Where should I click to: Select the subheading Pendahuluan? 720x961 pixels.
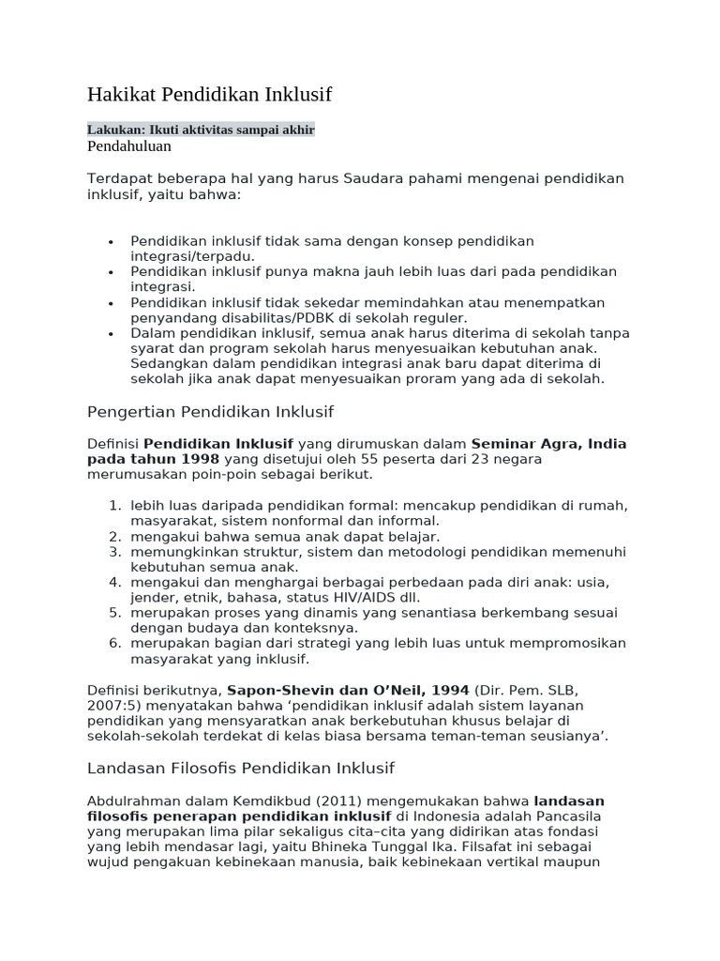pyautogui.click(x=129, y=146)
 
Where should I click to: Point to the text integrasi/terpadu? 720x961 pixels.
pyautogui.click(x=191, y=256)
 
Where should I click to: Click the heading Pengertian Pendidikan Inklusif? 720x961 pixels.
pyautogui.click(x=210, y=412)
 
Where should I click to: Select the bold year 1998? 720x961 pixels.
pyautogui.click(x=198, y=459)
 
